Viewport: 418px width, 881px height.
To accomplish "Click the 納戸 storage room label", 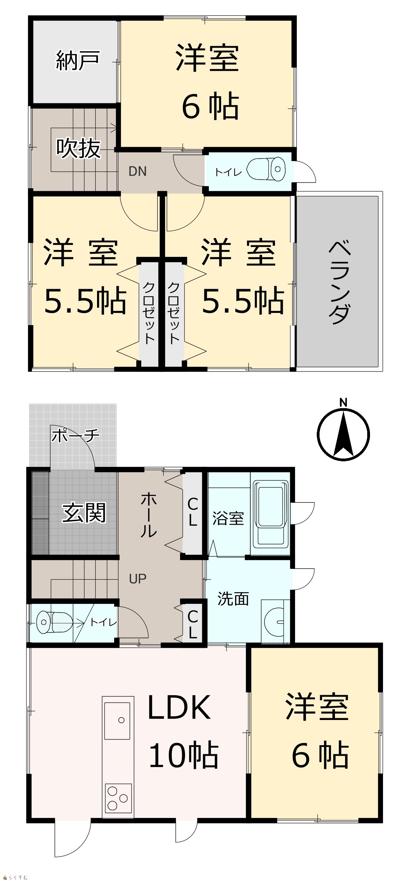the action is [78, 61].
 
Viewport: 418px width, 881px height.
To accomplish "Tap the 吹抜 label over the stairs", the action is [78, 148].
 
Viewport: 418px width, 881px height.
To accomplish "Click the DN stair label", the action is [137, 171].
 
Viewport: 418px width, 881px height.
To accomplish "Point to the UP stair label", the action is [137, 579].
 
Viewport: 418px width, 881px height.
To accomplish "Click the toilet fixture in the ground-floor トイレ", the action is [54, 622].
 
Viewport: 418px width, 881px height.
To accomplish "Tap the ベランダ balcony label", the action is [340, 282].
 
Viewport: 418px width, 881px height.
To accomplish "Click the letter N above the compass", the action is [343, 403].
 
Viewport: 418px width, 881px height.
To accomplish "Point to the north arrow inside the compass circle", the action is [343, 434].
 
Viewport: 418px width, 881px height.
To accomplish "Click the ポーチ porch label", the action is [76, 436].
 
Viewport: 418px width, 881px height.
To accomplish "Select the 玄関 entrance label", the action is [84, 513].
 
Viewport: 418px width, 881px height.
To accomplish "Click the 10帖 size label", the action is [184, 755].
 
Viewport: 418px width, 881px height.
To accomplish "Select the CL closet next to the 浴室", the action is [193, 512].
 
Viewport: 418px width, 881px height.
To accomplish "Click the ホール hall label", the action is [149, 515].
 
